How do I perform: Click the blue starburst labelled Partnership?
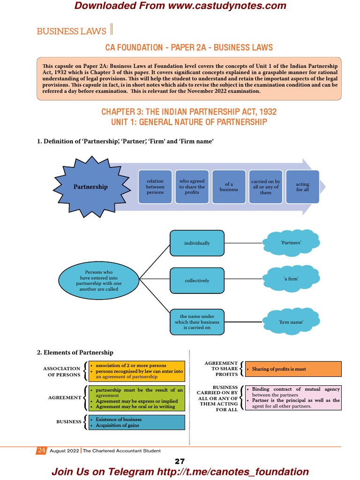click(x=90, y=187)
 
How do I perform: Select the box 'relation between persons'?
click(x=155, y=187)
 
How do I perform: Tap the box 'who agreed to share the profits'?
click(x=192, y=187)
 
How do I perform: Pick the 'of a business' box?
click(x=229, y=187)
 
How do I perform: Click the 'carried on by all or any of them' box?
click(x=266, y=187)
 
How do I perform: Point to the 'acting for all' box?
click(x=302, y=187)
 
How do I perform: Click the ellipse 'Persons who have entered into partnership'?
click(x=98, y=280)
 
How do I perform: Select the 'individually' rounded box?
click(x=197, y=243)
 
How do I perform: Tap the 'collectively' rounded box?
click(x=197, y=280)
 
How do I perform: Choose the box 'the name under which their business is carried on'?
click(x=197, y=322)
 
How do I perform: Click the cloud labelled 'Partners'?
click(x=291, y=243)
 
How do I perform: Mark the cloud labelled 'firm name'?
click(x=291, y=322)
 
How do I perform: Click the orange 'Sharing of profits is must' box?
click(x=292, y=369)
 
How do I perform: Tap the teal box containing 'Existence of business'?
click(x=136, y=422)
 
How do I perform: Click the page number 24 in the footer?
click(x=41, y=450)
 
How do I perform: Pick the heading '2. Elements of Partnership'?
click(x=75, y=352)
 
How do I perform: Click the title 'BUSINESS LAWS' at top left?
click(x=71, y=31)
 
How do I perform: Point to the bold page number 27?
click(x=180, y=461)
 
